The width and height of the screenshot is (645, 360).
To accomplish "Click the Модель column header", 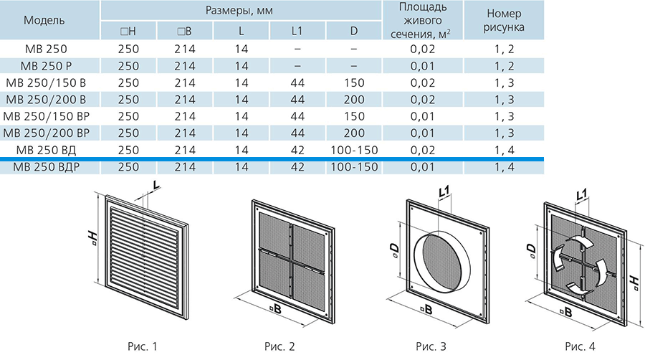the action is point(44,20).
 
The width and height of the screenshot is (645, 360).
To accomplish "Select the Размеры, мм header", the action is point(239,10).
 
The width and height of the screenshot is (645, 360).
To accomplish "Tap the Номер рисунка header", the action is point(504,20).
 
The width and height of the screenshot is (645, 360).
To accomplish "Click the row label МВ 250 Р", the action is point(46,66).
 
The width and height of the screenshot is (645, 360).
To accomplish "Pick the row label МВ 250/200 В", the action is point(46,100).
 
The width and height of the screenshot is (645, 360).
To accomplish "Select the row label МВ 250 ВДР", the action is point(46,167).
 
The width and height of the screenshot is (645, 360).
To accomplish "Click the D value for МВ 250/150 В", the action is point(354,82).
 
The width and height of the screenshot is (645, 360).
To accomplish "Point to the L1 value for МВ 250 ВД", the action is point(297,150).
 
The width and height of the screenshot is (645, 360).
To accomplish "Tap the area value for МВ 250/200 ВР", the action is point(422,133).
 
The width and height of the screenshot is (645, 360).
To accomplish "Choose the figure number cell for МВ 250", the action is point(504,49).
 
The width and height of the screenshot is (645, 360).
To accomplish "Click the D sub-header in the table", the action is point(354,31).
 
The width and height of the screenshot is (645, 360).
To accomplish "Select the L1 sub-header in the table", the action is point(297,31).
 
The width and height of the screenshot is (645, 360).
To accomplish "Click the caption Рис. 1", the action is point(143,346).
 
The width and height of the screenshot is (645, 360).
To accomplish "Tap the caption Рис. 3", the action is point(431,346).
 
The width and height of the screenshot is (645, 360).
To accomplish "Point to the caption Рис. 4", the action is point(580,346).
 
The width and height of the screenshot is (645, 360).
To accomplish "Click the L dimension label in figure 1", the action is point(156,186).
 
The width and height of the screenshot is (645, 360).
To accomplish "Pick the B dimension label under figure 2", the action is point(276,308).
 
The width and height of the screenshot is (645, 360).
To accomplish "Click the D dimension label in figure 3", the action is point(393,250).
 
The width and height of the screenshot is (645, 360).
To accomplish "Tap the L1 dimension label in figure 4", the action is point(581,194).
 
